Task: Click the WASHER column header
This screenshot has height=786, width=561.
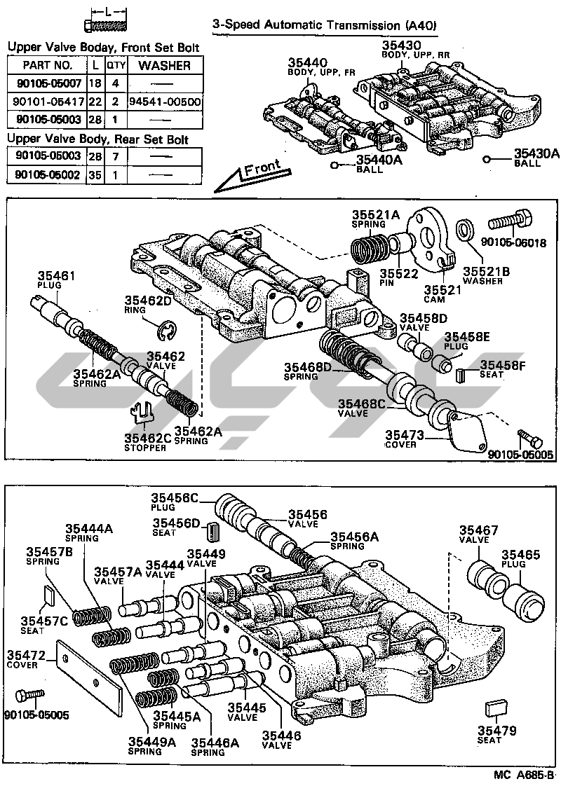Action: pos(165,65)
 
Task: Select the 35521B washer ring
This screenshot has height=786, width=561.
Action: pos(464,229)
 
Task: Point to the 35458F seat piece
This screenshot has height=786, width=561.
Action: pos(461,375)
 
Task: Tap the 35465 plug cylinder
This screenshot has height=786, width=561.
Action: pos(525,598)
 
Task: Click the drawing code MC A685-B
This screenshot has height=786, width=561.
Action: pos(522,775)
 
